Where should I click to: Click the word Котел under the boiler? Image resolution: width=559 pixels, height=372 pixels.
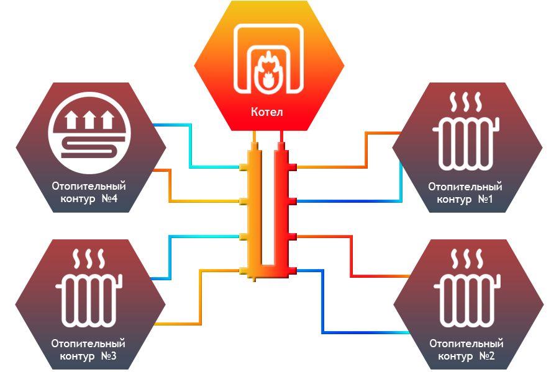[266, 112]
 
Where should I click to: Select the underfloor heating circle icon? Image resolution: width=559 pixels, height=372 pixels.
[89, 133]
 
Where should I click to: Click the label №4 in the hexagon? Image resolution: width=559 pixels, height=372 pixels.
[109, 198]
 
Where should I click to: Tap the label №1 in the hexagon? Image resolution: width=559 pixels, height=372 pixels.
[486, 199]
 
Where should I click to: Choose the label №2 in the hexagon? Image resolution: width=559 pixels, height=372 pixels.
[487, 356]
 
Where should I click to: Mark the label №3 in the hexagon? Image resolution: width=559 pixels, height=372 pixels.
[109, 356]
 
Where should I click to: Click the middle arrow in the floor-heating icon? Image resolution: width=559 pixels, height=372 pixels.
[89, 120]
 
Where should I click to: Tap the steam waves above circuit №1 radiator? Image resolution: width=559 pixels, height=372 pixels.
[466, 102]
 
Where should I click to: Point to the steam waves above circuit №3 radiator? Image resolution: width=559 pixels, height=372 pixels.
[89, 259]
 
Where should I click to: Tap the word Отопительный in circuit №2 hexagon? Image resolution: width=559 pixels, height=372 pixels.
[466, 344]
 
